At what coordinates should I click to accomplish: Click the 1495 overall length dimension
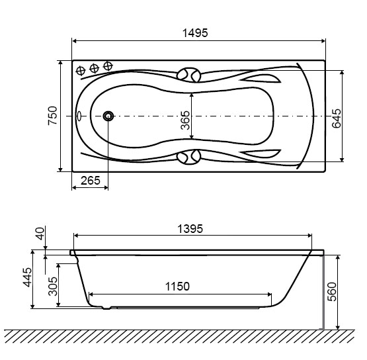(x=195, y=33)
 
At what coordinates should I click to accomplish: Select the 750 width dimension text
(x=53, y=116)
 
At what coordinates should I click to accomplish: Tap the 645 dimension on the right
(x=337, y=118)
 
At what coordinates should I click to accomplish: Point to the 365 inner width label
(x=185, y=120)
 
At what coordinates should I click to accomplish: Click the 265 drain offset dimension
(x=91, y=181)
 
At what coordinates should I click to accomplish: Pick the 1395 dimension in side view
(x=190, y=229)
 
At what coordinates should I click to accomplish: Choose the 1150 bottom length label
(x=177, y=287)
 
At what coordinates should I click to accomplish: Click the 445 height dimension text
(x=27, y=277)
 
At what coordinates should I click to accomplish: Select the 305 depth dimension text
(x=53, y=287)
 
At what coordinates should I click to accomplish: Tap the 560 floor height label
(x=332, y=292)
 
